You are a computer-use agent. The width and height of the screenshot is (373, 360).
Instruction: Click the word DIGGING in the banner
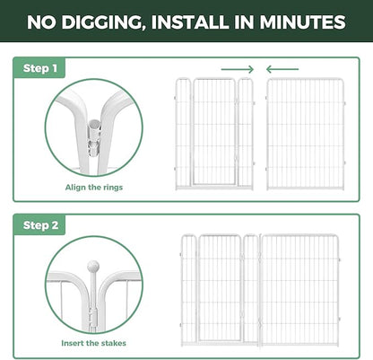point(101,22)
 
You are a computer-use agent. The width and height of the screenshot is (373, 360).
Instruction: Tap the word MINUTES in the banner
point(302,22)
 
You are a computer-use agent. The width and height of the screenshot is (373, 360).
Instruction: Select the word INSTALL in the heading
point(190,22)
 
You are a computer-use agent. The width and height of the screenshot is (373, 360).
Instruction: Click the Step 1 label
point(40,68)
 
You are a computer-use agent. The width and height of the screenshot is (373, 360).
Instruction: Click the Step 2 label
point(40,225)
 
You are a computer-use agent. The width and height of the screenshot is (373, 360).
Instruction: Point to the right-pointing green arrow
point(238,69)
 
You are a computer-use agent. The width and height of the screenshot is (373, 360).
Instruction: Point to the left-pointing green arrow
point(282,69)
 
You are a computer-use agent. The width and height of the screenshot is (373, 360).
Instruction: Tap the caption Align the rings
point(94,188)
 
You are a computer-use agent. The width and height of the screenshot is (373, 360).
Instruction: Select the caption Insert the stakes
point(93,343)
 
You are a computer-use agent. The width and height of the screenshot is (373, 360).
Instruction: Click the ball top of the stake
point(93,266)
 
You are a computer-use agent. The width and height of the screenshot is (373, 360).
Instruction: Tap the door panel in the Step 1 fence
point(214,132)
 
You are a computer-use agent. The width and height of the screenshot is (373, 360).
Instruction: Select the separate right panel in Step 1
point(305,134)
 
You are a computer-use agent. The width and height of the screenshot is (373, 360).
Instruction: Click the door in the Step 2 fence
point(220,287)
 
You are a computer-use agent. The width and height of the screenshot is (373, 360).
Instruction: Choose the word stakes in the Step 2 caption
point(114,343)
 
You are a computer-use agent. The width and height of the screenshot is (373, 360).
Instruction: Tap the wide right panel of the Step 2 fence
point(300,290)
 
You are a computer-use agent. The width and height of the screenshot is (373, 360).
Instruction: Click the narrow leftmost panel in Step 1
point(183,134)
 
